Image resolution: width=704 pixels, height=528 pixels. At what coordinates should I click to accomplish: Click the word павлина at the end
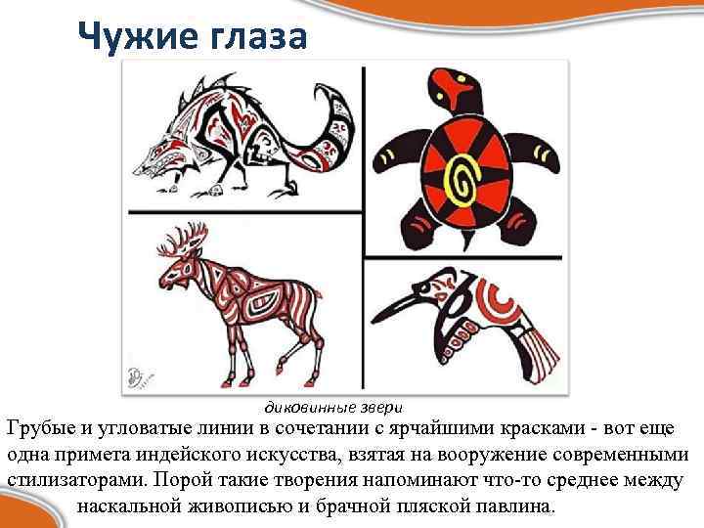tap(517, 508)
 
